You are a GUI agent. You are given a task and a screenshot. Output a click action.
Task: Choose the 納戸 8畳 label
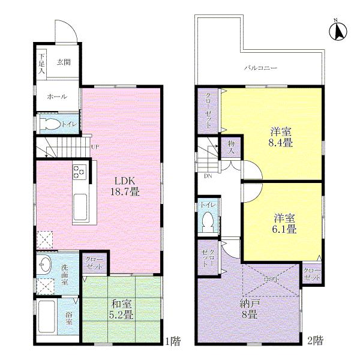(245, 308)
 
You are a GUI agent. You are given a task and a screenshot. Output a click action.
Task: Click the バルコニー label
(260, 68)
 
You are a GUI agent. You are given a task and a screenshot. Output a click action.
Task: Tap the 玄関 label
(64, 61)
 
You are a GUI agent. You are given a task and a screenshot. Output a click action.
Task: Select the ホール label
(57, 97)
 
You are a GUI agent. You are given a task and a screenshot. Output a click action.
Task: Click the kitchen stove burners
(80, 173)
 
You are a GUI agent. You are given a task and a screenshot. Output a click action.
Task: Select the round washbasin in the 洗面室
(44, 263)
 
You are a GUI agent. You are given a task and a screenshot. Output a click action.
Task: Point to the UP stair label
(95, 146)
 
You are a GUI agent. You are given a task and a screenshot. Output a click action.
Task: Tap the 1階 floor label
(172, 342)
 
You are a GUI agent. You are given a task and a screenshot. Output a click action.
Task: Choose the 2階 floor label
(316, 342)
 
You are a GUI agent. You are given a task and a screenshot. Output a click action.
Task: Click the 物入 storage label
(231, 148)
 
